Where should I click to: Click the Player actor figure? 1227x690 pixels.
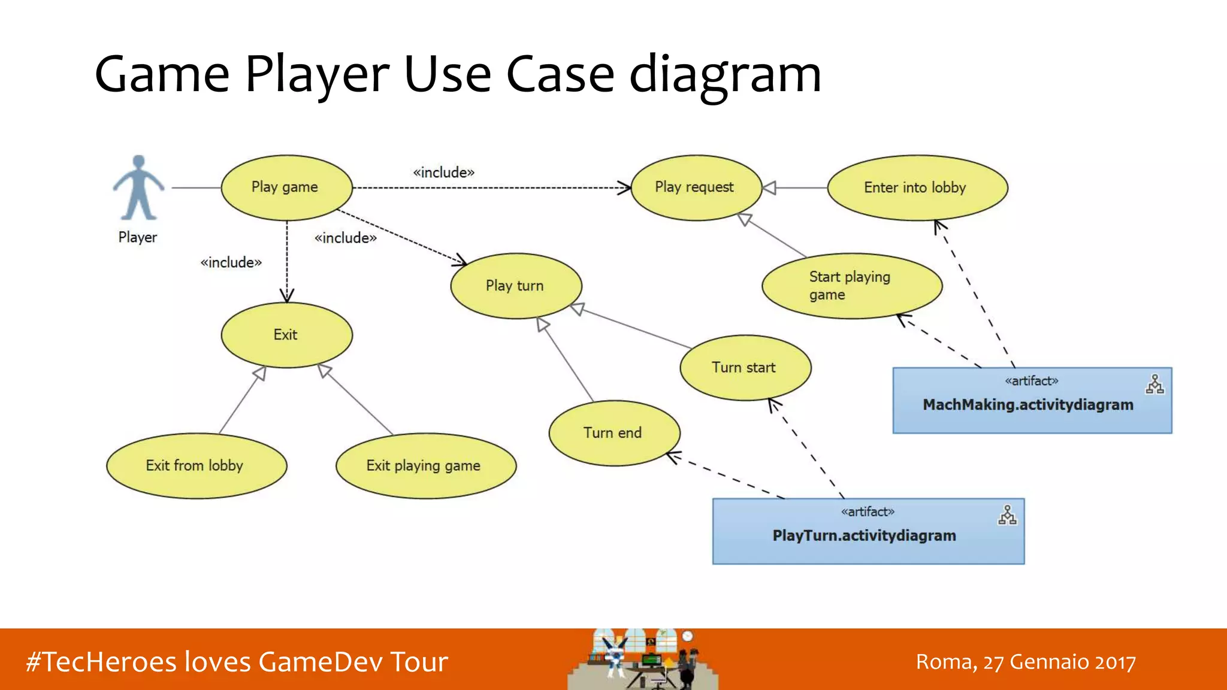[x=138, y=189]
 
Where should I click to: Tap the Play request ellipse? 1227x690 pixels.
[x=696, y=187]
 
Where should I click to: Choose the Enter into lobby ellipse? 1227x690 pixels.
[x=917, y=187]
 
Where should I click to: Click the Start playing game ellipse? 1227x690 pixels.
[x=851, y=286]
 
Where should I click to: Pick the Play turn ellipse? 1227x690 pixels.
[x=515, y=286]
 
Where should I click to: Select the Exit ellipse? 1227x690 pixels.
[x=286, y=335]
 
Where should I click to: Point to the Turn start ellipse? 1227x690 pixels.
[x=745, y=367]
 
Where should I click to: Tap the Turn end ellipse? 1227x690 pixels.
[x=613, y=433]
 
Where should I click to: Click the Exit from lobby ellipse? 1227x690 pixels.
[x=196, y=465]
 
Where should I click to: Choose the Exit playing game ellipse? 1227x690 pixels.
[x=425, y=465]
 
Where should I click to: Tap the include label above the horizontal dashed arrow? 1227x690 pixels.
[x=444, y=172]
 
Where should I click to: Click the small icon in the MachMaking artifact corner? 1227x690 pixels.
[x=1155, y=385]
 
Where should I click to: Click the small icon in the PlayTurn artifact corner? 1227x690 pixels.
[x=1007, y=515]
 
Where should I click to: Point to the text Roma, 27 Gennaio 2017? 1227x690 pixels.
[x=1025, y=662]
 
